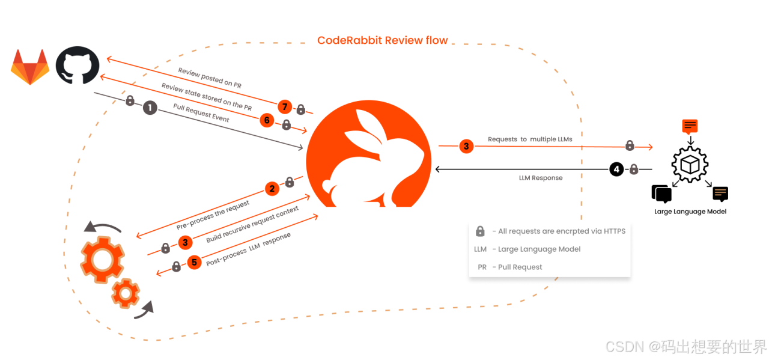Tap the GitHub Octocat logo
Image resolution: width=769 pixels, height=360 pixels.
pyautogui.click(x=78, y=67)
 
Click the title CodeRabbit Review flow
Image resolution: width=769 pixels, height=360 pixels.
pyautogui.click(x=382, y=40)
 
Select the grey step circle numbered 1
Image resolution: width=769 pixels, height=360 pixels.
pyautogui.click(x=150, y=108)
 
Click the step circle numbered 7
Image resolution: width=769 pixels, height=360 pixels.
pyautogui.click(x=285, y=108)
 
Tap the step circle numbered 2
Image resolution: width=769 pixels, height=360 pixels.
pyautogui.click(x=272, y=189)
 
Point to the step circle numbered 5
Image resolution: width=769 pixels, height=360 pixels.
pyautogui.click(x=193, y=263)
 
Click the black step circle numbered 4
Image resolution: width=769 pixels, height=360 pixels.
pyautogui.click(x=616, y=169)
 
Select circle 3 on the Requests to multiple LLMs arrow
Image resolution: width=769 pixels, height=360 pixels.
pyautogui.click(x=466, y=146)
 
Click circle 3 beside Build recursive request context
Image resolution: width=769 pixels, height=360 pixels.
pyautogui.click(x=185, y=243)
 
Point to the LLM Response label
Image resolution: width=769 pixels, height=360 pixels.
pyautogui.click(x=541, y=178)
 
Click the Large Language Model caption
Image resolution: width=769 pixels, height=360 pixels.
pyautogui.click(x=690, y=212)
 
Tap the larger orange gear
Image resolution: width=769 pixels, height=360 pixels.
pyautogui.click(x=102, y=260)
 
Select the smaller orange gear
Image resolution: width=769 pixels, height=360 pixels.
pyautogui.click(x=126, y=293)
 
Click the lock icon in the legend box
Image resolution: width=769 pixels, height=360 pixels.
pyautogui.click(x=480, y=231)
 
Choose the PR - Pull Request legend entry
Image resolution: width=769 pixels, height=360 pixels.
pyautogui.click(x=511, y=267)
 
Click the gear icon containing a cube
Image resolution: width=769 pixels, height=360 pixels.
pyautogui.click(x=689, y=163)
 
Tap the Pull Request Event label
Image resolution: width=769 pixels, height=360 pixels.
pyautogui.click(x=201, y=112)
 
